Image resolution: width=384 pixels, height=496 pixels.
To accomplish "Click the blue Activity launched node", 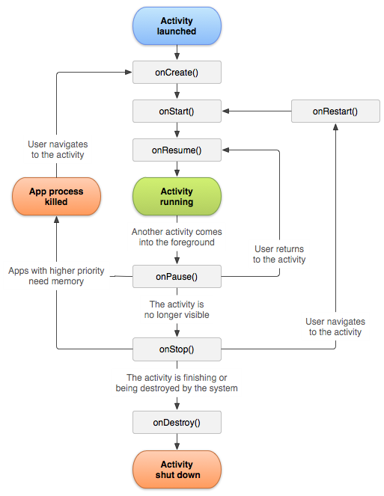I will tap(177, 26).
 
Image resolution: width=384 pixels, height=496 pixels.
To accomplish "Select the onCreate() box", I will tap(177, 72).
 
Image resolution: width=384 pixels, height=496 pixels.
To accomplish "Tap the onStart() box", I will tap(177, 111).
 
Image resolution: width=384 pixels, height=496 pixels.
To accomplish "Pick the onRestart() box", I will tap(335, 111).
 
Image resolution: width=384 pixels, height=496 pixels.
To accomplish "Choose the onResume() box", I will tap(177, 150).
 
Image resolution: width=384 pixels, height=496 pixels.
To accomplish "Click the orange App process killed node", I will tap(56, 196).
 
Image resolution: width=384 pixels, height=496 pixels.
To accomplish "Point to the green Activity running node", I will tap(177, 196).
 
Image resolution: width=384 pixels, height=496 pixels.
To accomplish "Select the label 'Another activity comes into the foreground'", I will tap(177, 237).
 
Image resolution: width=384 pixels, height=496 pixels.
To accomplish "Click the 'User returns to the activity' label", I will tap(279, 254).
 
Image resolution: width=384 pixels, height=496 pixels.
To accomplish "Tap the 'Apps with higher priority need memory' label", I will tap(56, 275).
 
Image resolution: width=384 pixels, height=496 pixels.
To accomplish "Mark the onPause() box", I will tap(177, 276).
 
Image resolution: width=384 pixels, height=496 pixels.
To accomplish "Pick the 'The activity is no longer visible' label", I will tap(177, 310).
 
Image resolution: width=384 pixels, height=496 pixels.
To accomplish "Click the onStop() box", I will tap(177, 349).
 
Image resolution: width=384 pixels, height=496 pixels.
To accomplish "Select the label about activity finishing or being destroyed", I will tap(177, 383).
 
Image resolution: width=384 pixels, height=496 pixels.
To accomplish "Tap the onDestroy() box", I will tap(177, 422).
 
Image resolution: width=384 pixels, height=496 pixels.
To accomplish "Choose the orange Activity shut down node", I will tap(177, 469).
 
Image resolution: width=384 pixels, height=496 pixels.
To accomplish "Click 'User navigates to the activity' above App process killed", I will tap(57, 150).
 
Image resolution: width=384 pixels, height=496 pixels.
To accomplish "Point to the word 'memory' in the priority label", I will tap(67, 281).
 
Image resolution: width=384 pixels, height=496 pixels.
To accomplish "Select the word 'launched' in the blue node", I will tap(177, 31).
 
